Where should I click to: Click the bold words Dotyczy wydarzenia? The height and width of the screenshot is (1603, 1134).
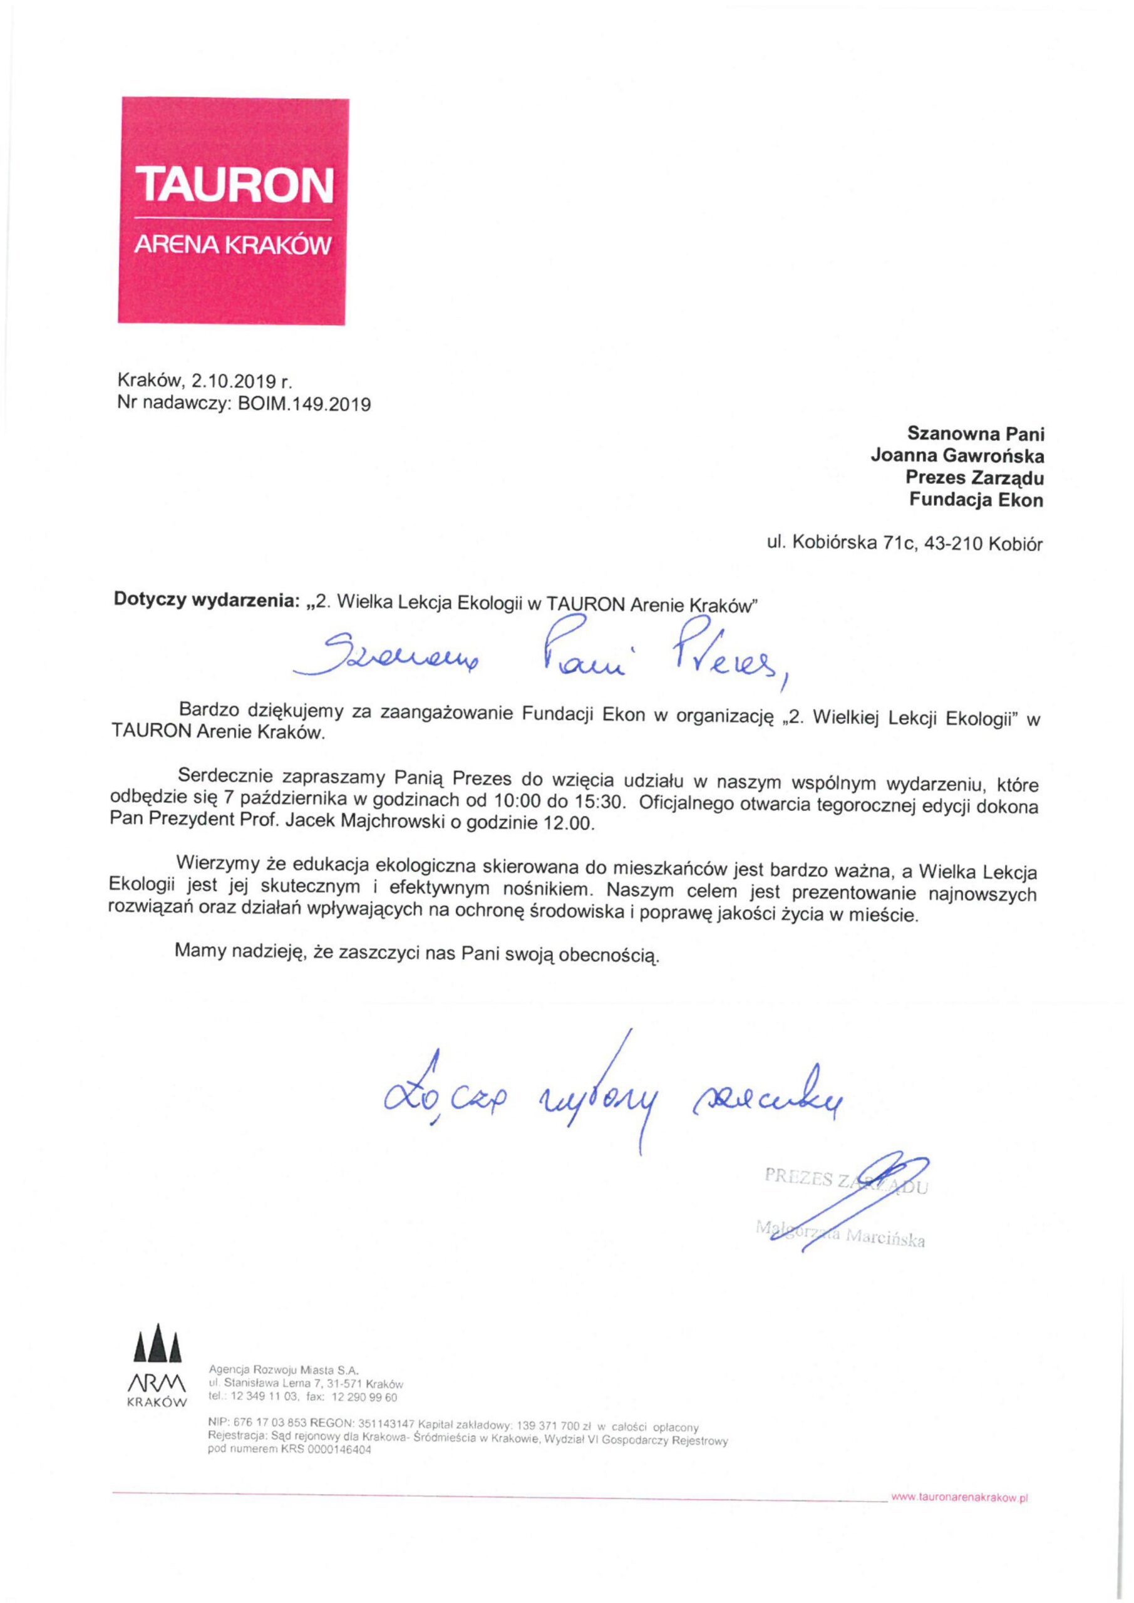[x=206, y=602]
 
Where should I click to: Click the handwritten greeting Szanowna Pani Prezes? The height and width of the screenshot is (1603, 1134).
[x=541, y=654]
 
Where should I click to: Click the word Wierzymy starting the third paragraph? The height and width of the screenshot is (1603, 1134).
[x=220, y=863]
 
